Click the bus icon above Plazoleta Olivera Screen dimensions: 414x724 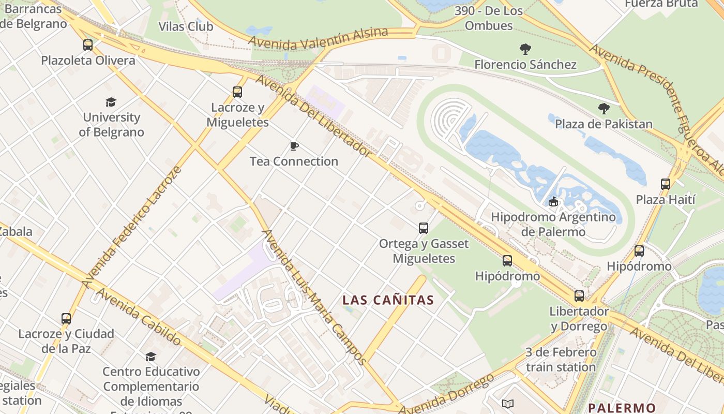point(88,45)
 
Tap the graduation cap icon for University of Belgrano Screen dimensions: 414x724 point(111,102)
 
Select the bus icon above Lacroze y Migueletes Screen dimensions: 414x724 point(237,92)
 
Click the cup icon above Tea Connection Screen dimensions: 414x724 point(294,146)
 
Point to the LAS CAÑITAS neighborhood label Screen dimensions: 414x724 point(388,300)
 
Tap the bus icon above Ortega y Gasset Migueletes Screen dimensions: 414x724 point(424,228)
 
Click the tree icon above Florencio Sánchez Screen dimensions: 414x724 point(525,50)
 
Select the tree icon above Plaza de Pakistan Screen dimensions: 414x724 point(604,109)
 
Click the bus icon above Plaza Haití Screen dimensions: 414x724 point(666,184)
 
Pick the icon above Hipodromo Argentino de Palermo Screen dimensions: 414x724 point(553,201)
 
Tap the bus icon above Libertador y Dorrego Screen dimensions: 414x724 point(579,296)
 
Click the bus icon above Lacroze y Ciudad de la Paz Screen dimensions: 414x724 point(66,319)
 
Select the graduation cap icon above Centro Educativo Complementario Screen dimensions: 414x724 point(150,357)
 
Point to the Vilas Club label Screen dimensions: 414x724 point(186,26)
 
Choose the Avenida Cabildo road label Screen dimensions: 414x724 point(139,317)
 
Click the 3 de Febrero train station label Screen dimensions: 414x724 point(561,360)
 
